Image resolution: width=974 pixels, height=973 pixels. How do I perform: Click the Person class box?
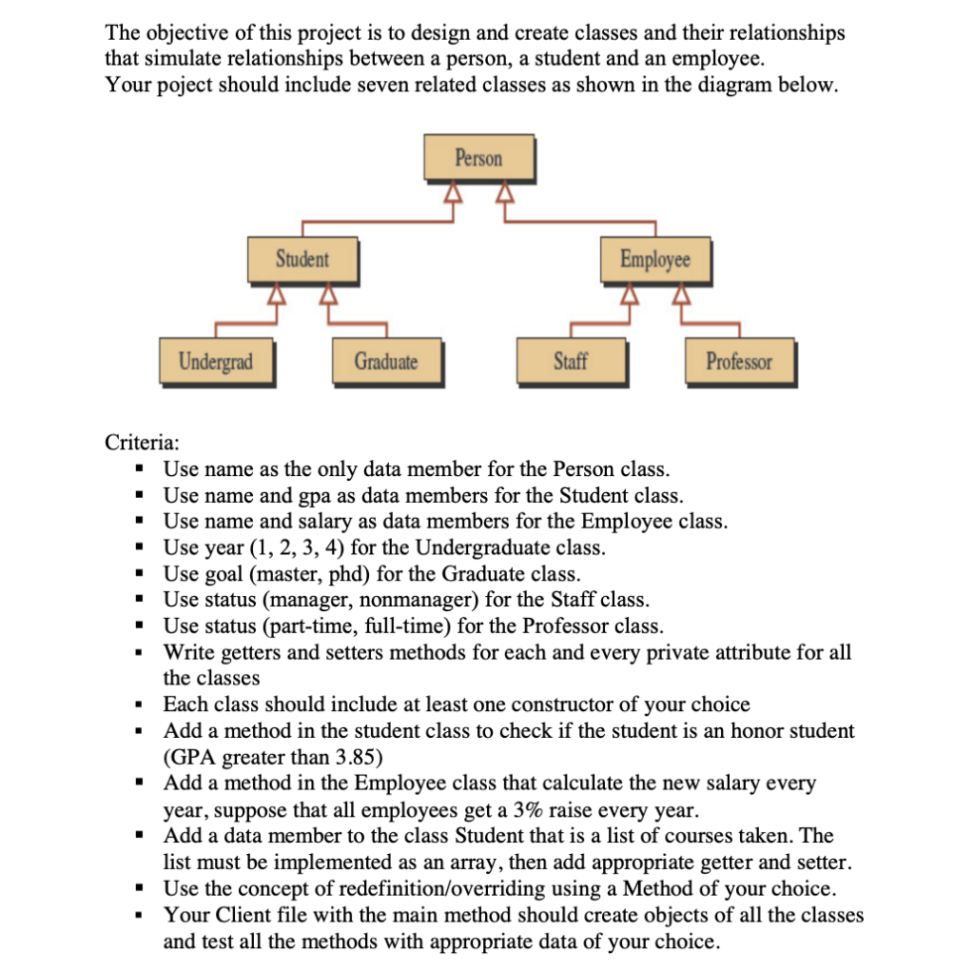pyautogui.click(x=478, y=158)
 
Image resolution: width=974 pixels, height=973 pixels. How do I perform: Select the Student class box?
pyautogui.click(x=302, y=259)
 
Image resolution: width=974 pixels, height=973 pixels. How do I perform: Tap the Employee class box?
pyautogui.click(x=654, y=259)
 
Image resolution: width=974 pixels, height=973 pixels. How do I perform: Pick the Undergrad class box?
pyautogui.click(x=217, y=362)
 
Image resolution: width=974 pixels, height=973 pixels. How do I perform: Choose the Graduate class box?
pyautogui.click(x=385, y=362)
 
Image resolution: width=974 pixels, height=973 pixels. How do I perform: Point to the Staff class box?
pyautogui.click(x=570, y=362)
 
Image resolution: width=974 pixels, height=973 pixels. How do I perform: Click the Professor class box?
pyautogui.click(x=739, y=362)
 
